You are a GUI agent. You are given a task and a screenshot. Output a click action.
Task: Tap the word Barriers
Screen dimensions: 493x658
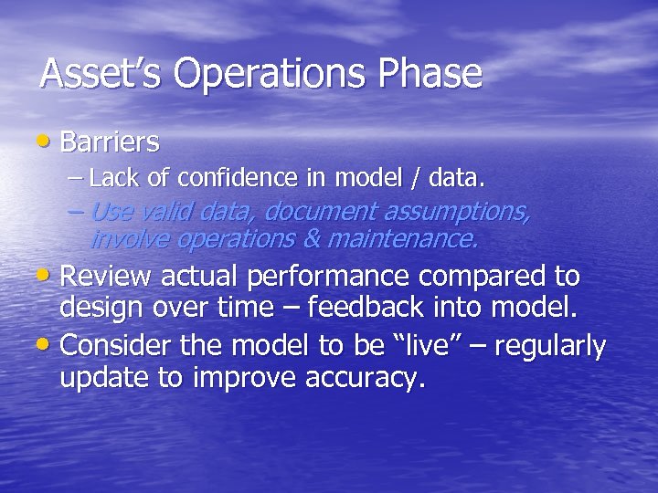(x=110, y=142)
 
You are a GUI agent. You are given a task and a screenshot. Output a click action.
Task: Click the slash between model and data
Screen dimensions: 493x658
(x=415, y=177)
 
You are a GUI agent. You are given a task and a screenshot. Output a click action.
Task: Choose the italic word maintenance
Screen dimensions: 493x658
(x=417, y=239)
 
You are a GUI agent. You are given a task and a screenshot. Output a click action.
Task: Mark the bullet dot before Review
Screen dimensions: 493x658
(x=48, y=276)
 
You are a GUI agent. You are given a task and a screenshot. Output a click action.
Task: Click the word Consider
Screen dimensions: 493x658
(x=116, y=346)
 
